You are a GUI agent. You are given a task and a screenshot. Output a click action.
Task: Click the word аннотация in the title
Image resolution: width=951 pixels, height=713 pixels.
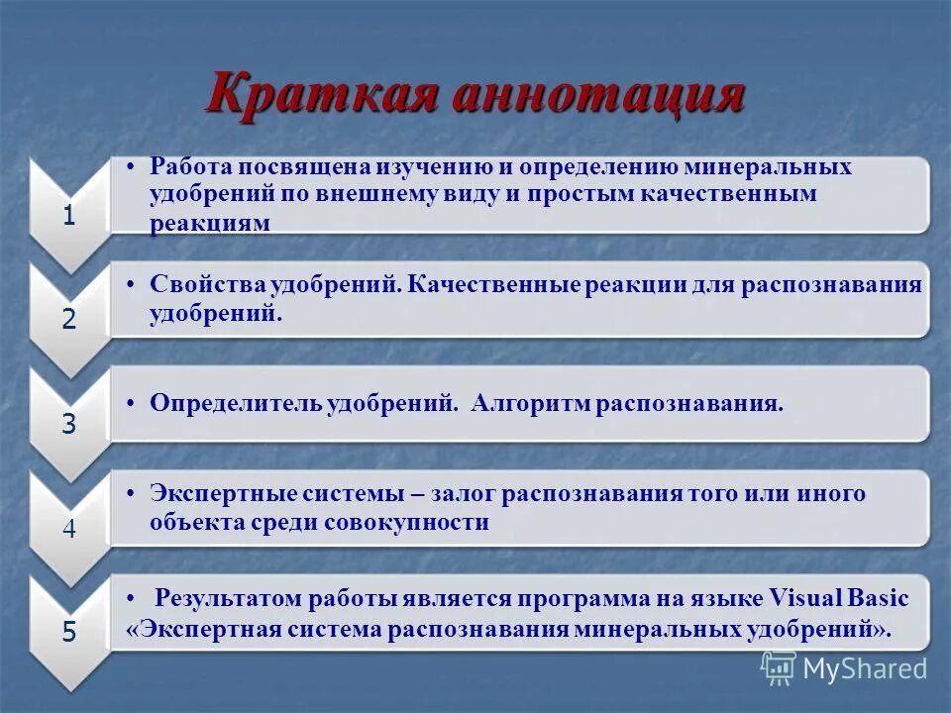click(x=597, y=96)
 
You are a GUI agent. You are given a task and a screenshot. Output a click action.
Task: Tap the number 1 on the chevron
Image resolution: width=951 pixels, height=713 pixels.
click(x=68, y=216)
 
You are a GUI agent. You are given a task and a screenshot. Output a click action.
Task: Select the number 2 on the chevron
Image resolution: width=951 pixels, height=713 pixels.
click(x=68, y=319)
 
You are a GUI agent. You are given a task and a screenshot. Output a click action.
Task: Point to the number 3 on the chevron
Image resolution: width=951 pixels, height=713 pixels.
click(x=68, y=424)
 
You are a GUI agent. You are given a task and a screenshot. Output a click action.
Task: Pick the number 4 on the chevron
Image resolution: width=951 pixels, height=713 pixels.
click(x=68, y=529)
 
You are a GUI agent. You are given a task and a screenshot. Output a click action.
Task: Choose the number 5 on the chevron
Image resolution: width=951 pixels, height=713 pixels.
click(x=68, y=633)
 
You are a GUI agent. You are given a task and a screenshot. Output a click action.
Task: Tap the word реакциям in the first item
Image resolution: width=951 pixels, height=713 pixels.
click(x=209, y=223)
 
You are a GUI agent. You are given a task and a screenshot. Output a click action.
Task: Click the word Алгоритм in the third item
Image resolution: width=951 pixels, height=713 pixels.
click(x=530, y=404)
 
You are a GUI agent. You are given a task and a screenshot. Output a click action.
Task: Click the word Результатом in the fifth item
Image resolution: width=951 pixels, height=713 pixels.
click(x=229, y=599)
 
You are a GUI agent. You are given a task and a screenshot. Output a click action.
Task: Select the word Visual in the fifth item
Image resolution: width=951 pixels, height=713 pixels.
click(x=804, y=599)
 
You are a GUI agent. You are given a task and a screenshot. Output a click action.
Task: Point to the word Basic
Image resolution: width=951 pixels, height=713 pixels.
click(x=878, y=599)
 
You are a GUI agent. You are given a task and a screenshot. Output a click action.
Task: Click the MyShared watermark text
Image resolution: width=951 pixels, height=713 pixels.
click(x=864, y=668)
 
